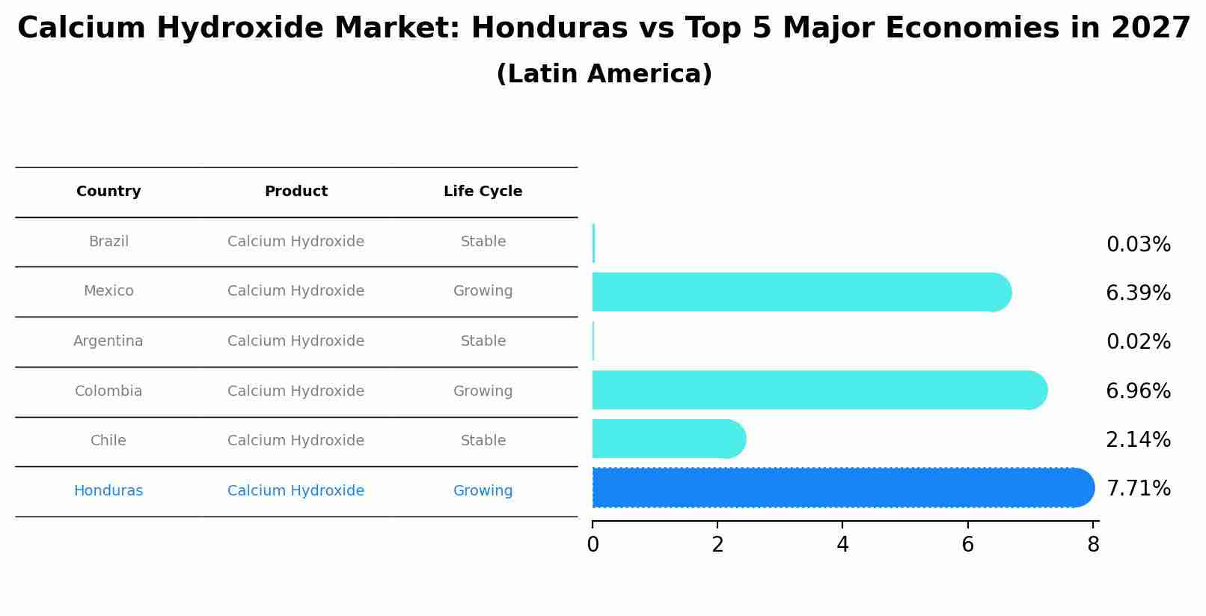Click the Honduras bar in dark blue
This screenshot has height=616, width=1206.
coord(838,488)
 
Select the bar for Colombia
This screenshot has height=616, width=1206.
coord(815,390)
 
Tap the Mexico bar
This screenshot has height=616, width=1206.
coord(797,292)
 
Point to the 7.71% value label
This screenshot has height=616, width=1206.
coord(1138,489)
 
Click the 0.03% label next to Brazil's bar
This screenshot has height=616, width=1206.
coord(1138,245)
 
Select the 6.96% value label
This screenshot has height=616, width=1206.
coord(1138,391)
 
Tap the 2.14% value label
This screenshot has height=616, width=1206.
coord(1138,439)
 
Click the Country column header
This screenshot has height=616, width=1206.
coord(108,192)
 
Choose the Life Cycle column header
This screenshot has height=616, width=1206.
coord(483,192)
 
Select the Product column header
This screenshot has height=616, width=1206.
coord(296,192)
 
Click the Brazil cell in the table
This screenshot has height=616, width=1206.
coord(108,242)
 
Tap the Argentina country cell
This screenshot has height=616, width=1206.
coord(108,341)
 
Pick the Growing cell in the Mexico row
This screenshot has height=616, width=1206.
coord(483,291)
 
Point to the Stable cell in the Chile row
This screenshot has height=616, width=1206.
coord(483,441)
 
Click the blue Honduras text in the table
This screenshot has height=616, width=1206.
coord(108,491)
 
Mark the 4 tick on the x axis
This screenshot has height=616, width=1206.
coord(842,544)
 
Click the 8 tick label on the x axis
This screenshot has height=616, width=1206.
coord(1093,544)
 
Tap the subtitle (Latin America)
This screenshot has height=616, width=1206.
coord(604,74)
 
